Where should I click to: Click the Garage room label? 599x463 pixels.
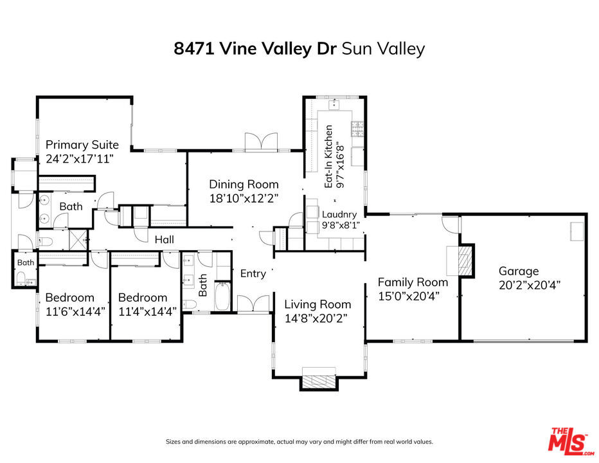pyautogui.click(x=519, y=271)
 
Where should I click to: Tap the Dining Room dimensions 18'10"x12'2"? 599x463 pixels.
pyautogui.click(x=244, y=198)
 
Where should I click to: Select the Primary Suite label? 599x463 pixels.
pyautogui.click(x=82, y=145)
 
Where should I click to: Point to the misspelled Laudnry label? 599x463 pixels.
pyautogui.click(x=339, y=215)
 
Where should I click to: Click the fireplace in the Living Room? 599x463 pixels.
pyautogui.click(x=319, y=380)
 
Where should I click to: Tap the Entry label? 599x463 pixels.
pyautogui.click(x=253, y=274)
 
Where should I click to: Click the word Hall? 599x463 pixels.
pyautogui.click(x=165, y=240)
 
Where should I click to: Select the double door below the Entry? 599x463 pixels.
pyautogui.click(x=253, y=304)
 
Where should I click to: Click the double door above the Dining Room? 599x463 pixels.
pyautogui.click(x=261, y=141)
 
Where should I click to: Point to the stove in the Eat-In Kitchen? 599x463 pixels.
pyautogui.click(x=357, y=129)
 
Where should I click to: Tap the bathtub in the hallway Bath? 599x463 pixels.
pyautogui.click(x=222, y=296)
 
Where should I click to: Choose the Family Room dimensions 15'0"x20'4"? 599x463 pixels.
pyautogui.click(x=409, y=296)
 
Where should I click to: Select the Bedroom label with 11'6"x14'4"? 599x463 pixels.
pyautogui.click(x=70, y=298)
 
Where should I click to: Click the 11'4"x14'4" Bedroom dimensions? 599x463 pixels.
pyautogui.click(x=147, y=312)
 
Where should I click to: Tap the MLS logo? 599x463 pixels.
pyautogui.click(x=571, y=441)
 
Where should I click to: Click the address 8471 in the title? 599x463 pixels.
pyautogui.click(x=193, y=49)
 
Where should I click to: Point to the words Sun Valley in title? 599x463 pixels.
pyautogui.click(x=383, y=50)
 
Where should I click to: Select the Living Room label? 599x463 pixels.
pyautogui.click(x=318, y=304)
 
